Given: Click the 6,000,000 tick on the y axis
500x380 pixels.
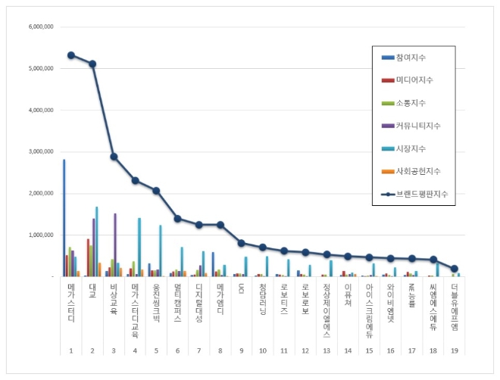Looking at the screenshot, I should click(39, 26).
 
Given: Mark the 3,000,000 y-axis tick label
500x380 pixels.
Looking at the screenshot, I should click(39, 151).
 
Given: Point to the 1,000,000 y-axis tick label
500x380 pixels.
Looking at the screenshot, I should click(39, 235).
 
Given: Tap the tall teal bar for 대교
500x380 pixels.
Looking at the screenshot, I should click(96, 241).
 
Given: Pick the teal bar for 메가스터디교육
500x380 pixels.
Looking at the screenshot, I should click(139, 247).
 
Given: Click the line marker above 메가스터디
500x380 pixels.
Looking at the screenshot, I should click(70, 55).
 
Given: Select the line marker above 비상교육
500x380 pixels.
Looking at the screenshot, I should click(114, 157).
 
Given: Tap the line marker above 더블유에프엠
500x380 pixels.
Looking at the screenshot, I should click(455, 269).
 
